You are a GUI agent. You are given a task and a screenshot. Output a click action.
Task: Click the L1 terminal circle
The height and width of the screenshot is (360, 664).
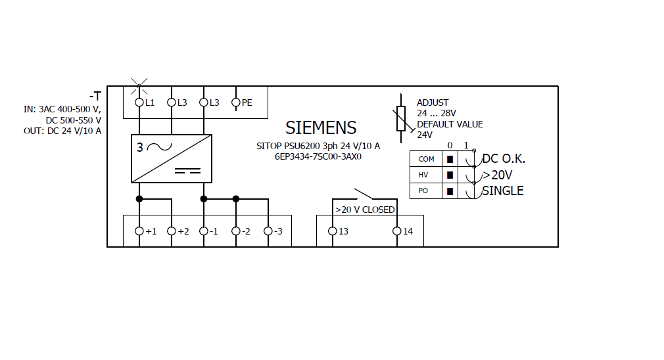pyautogui.click(x=139, y=102)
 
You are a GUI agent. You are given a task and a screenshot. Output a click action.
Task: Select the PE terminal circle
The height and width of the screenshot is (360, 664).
pyautogui.click(x=235, y=102)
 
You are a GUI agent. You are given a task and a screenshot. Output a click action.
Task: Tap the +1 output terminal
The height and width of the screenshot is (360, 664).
pyautogui.click(x=139, y=231)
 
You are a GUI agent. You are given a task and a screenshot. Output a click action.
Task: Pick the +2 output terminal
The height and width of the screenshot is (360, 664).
pyautogui.click(x=171, y=231)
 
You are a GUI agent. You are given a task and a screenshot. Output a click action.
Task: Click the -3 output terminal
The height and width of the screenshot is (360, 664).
pyautogui.click(x=268, y=231)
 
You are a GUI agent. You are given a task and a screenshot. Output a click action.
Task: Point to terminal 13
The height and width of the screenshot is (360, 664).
pyautogui.click(x=332, y=231)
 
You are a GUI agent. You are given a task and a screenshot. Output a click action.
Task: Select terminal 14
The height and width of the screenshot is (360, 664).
pyautogui.click(x=396, y=231)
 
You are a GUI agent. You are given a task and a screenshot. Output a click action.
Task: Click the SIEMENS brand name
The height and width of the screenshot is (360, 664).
pyautogui.click(x=321, y=127)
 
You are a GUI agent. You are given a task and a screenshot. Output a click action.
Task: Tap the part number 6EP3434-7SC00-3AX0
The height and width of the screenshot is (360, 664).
pyautogui.click(x=318, y=157)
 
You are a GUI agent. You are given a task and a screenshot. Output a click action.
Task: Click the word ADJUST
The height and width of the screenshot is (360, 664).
pyautogui.click(x=433, y=102)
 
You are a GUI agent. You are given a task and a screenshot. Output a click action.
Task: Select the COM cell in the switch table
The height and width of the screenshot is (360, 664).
pyautogui.click(x=426, y=159)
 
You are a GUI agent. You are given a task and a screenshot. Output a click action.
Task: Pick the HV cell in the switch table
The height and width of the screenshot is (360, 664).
pyautogui.click(x=426, y=175)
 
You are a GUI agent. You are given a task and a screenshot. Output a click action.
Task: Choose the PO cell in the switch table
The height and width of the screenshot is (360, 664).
pyautogui.click(x=426, y=191)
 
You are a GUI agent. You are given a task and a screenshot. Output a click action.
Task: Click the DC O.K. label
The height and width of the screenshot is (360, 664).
pyautogui.click(x=504, y=159)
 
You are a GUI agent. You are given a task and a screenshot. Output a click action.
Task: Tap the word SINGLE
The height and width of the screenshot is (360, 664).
pyautogui.click(x=503, y=191)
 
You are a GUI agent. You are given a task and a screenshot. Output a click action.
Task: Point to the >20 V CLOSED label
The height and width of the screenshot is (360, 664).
pyautogui.click(x=365, y=210)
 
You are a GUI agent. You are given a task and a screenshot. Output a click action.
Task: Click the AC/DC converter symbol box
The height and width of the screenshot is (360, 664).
pyautogui.click(x=172, y=158)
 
